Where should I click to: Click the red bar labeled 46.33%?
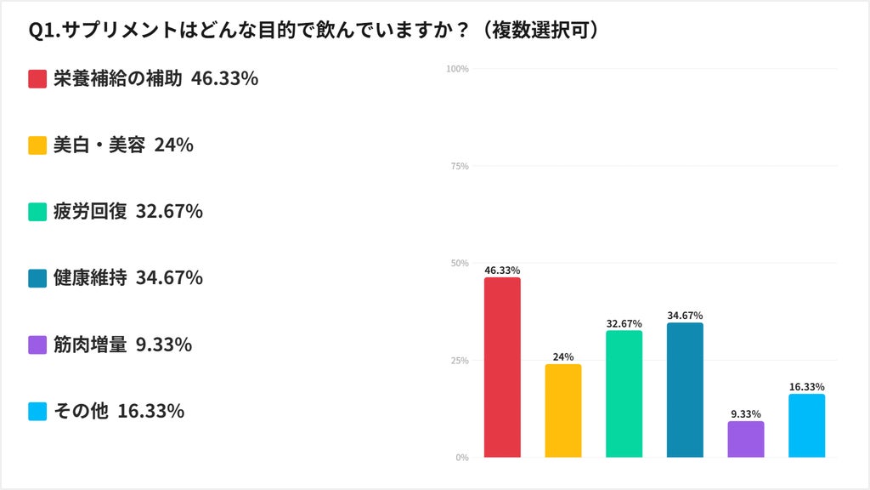click(502, 367)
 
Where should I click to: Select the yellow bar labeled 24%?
click(563, 411)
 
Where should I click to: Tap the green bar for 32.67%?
click(624, 394)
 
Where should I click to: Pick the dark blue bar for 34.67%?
click(686, 390)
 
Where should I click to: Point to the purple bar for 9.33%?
click(746, 440)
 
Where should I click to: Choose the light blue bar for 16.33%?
click(807, 425)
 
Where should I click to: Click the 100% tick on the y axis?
click(457, 69)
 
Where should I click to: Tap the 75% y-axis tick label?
click(460, 166)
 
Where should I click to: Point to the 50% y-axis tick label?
click(460, 264)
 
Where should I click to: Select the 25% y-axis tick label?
click(460, 361)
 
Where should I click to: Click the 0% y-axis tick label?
click(462, 458)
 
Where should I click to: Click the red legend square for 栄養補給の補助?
click(37, 79)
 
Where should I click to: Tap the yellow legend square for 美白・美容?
click(37, 145)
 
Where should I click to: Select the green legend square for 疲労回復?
click(37, 212)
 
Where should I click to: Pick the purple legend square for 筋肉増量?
click(37, 345)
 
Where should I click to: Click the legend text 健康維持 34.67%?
click(128, 278)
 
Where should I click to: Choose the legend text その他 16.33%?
click(119, 411)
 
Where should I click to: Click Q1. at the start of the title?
click(44, 31)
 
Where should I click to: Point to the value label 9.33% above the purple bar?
click(746, 414)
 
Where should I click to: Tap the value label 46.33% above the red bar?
click(502, 271)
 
